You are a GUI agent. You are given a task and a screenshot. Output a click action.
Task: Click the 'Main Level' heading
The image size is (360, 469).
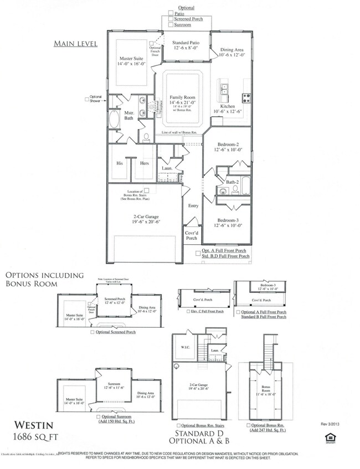[x=75, y=43]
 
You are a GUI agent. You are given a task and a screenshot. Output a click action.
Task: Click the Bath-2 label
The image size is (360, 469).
[x=233, y=182]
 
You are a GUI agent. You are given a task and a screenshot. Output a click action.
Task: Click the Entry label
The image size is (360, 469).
[x=193, y=206]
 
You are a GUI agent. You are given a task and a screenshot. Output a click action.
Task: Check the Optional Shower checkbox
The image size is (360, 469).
[x=86, y=99]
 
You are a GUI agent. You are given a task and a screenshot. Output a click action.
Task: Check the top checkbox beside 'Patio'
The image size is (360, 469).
[x=171, y=13]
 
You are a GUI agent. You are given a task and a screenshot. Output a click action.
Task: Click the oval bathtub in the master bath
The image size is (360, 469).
[x=116, y=120]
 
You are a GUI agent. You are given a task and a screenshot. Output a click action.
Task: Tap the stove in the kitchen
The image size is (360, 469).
[x=245, y=100]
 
